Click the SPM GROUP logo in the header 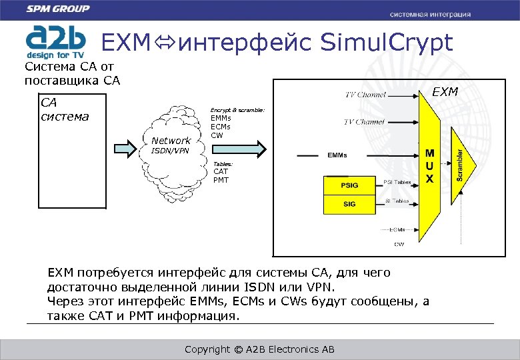click(57, 9)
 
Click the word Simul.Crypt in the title click(386, 43)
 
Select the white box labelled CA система click(72, 151)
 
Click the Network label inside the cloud click(171, 141)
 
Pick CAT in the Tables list click(220, 172)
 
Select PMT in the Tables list click(221, 180)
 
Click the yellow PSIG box click(349, 185)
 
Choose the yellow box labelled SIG click(349, 204)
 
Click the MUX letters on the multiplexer click(430, 166)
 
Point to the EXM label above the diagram click(445, 91)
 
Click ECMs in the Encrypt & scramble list click(221, 127)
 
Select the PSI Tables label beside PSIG click(398, 182)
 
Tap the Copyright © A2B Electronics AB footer click(259, 350)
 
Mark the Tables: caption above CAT click(223, 164)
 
